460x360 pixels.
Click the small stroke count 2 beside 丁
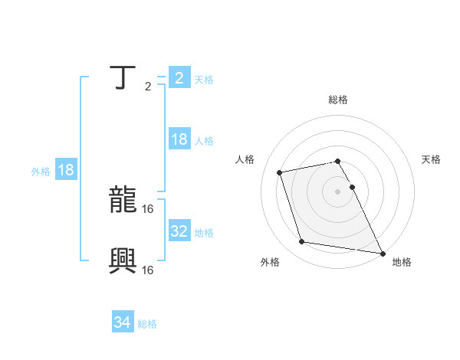tap(148, 87)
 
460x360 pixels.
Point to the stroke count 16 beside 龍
tap(149, 208)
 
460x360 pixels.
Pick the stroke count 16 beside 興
tap(149, 270)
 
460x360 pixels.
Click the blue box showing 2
tap(179, 77)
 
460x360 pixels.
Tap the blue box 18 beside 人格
tap(179, 139)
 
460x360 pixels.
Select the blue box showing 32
tap(179, 231)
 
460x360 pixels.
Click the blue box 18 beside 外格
tap(65, 170)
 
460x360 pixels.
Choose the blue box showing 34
tap(122, 322)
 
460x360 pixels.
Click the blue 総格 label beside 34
tap(147, 324)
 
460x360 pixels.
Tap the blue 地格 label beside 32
tap(204, 232)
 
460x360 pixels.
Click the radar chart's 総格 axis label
tap(338, 100)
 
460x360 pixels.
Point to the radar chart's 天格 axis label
tap(431, 159)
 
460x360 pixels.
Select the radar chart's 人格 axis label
tap(245, 159)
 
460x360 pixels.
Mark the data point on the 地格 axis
tap(382, 252)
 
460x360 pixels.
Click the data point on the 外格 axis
tap(302, 242)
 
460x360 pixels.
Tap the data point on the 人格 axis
tap(280, 172)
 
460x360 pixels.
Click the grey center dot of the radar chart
tap(338, 191)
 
